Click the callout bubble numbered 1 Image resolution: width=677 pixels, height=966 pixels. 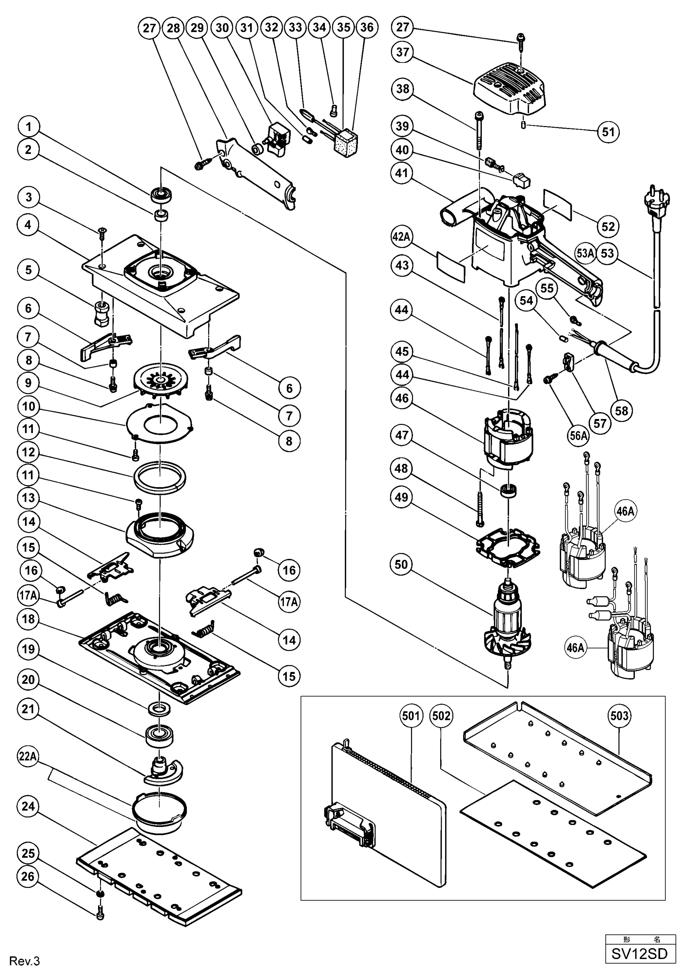pos(29,127)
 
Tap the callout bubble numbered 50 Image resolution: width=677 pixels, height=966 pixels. pos(401,564)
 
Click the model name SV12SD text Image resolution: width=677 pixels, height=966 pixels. pos(639,953)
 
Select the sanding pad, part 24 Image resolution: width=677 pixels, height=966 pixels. pos(160,871)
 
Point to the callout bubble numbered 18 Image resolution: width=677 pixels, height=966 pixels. pos(29,619)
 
